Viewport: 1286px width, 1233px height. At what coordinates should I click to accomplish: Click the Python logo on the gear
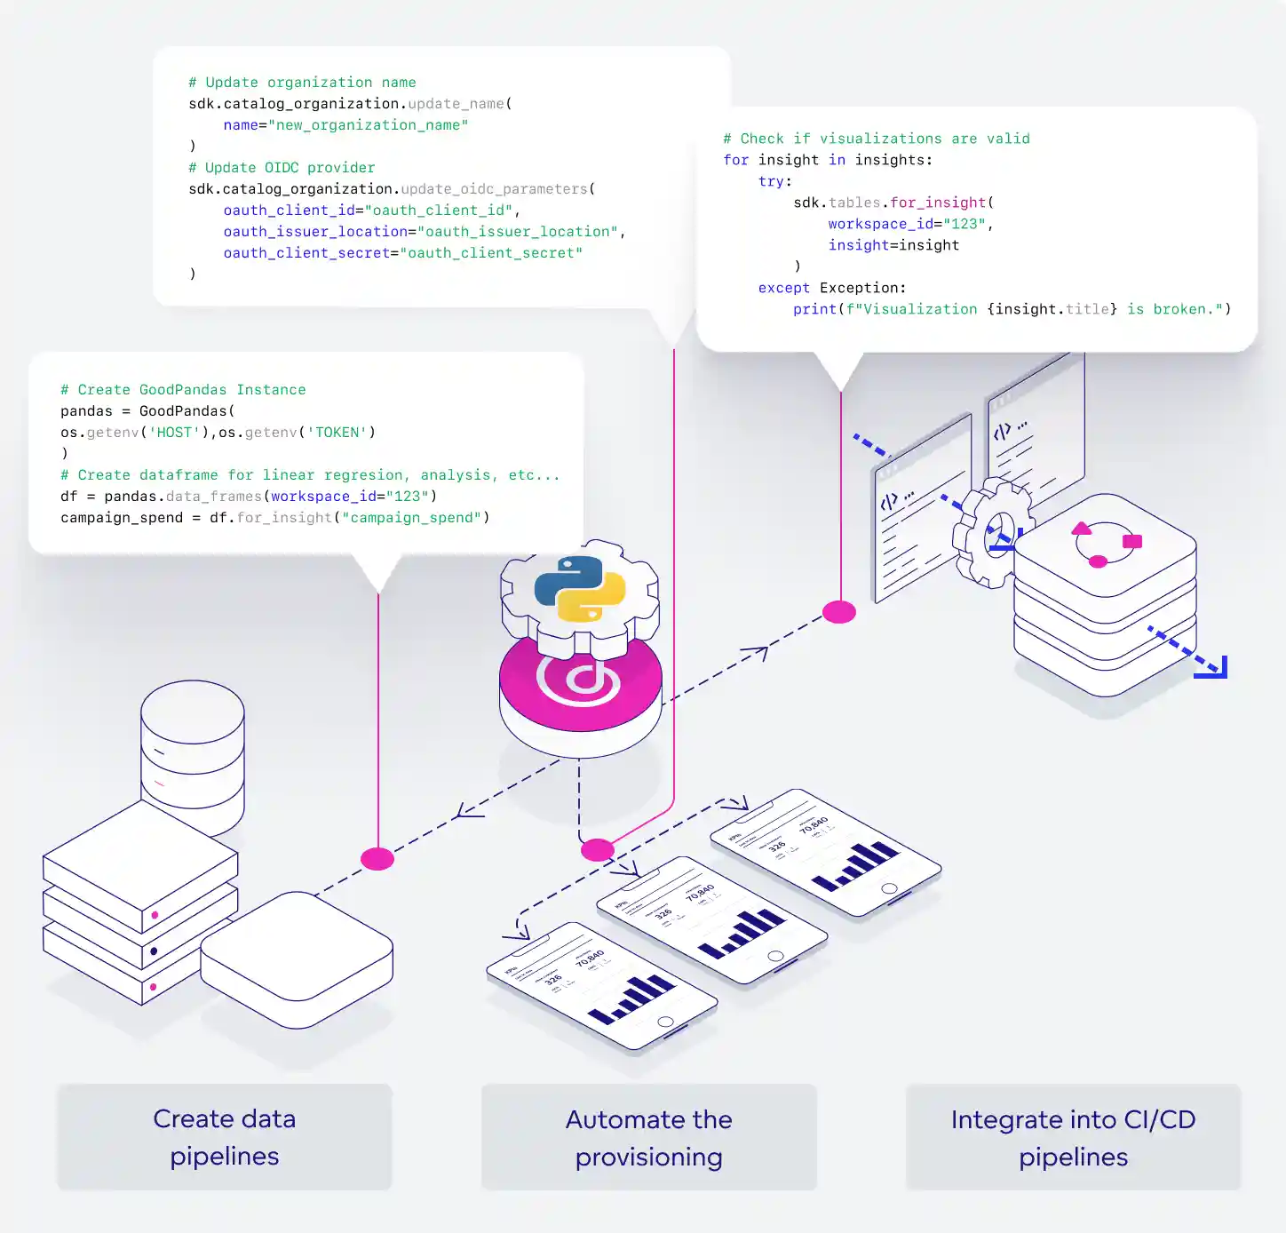click(x=580, y=588)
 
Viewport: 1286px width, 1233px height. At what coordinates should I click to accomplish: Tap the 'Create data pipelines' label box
click(x=225, y=1137)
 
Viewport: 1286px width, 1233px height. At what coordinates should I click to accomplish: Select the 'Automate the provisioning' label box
click(x=649, y=1138)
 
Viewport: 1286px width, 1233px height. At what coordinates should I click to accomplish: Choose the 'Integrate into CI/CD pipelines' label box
click(x=1073, y=1138)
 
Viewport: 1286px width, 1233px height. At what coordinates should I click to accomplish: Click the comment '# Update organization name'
click(x=302, y=83)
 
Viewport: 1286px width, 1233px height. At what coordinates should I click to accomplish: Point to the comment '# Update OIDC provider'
click(x=282, y=168)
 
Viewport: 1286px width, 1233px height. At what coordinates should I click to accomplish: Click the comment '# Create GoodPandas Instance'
click(x=183, y=390)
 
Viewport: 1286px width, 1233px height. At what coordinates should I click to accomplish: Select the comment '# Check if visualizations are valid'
click(x=877, y=139)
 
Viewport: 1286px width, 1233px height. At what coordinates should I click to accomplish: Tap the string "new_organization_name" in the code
click(x=368, y=125)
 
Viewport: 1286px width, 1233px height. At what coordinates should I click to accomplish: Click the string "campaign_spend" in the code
click(x=416, y=518)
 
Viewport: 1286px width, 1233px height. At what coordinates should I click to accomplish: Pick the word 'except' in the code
click(x=783, y=288)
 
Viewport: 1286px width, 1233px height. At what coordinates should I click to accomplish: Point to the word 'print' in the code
click(x=814, y=309)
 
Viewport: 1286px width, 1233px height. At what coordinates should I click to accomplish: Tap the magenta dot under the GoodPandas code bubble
click(x=377, y=859)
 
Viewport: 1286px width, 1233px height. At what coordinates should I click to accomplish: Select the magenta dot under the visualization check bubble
click(x=839, y=612)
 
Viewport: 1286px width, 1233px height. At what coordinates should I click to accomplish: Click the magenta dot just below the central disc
click(x=598, y=850)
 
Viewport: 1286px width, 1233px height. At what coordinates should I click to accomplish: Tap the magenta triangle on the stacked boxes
click(x=1082, y=529)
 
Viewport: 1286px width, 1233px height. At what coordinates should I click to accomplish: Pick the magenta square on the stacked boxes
click(x=1132, y=541)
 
